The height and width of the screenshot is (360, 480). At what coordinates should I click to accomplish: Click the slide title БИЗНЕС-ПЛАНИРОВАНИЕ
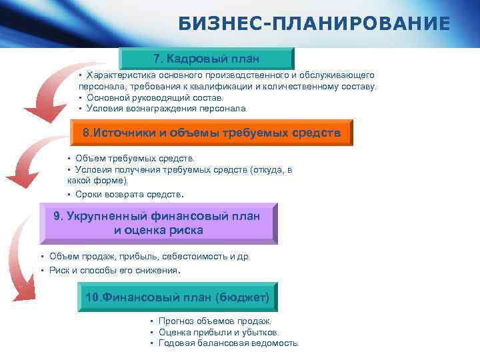314,25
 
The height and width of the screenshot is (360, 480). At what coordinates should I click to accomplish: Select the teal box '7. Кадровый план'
206,58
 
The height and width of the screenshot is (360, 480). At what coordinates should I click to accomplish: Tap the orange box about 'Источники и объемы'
211,133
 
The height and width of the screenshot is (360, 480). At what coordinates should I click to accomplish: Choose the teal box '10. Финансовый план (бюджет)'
177,297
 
